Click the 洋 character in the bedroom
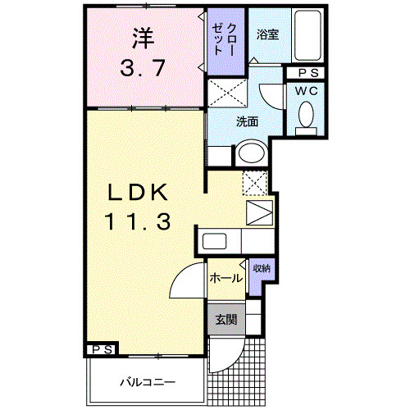(143, 39)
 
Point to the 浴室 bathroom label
(267, 35)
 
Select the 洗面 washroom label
(248, 122)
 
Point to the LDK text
(137, 194)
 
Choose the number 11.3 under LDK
(137, 221)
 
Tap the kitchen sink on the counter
(215, 242)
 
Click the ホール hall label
(226, 278)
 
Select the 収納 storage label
(262, 269)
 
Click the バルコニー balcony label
(146, 381)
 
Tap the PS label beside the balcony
(102, 350)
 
